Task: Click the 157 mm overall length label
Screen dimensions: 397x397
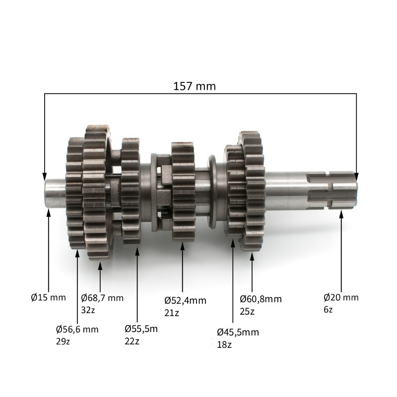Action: pyautogui.click(x=195, y=86)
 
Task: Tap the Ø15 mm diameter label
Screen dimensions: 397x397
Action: pyautogui.click(x=48, y=297)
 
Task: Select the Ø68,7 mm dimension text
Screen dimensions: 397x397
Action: pyautogui.click(x=102, y=298)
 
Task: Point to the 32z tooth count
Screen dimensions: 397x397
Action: pyautogui.click(x=88, y=310)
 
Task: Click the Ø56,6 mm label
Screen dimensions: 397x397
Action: pyautogui.click(x=77, y=330)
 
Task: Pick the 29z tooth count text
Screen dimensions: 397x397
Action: pyautogui.click(x=63, y=341)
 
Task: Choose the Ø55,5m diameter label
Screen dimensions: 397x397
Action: pyautogui.click(x=141, y=329)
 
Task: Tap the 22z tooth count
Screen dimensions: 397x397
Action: pyautogui.click(x=132, y=341)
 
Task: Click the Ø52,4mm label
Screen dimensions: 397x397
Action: pyautogui.click(x=185, y=301)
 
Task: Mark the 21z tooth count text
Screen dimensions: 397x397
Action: pyautogui.click(x=171, y=313)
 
